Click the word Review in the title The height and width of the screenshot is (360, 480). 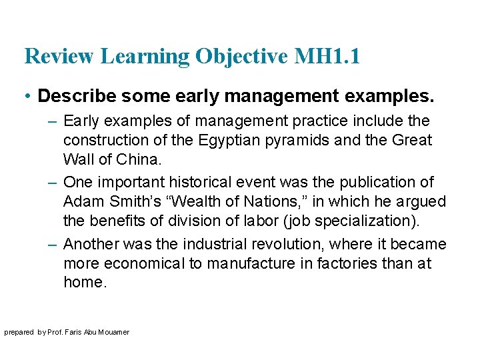point(59,56)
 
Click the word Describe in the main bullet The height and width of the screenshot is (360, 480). point(69,96)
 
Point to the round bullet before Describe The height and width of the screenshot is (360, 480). point(28,97)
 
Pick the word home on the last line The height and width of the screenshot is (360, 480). point(84,282)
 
